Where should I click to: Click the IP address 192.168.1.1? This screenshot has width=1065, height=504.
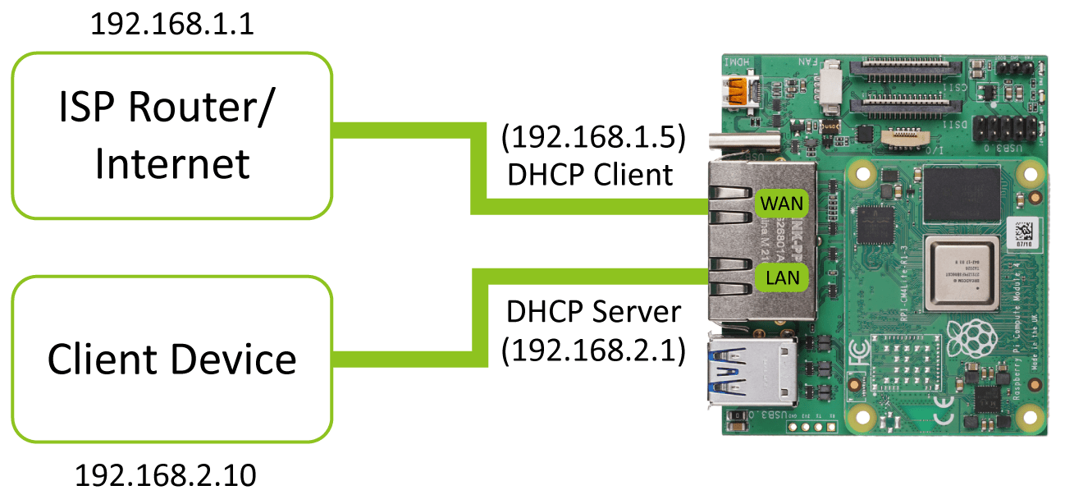(x=172, y=24)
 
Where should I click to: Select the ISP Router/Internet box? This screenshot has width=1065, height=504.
(x=172, y=135)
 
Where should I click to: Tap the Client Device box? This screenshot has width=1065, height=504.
(x=172, y=360)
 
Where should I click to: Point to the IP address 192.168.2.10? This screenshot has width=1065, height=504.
(x=166, y=475)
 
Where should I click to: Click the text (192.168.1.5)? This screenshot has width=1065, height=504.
(x=593, y=139)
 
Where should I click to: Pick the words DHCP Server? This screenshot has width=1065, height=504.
(x=593, y=312)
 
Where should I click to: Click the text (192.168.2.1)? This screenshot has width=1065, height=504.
(x=593, y=349)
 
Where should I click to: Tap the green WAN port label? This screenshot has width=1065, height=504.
(x=782, y=203)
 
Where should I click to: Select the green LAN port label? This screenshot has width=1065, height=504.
(x=782, y=278)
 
